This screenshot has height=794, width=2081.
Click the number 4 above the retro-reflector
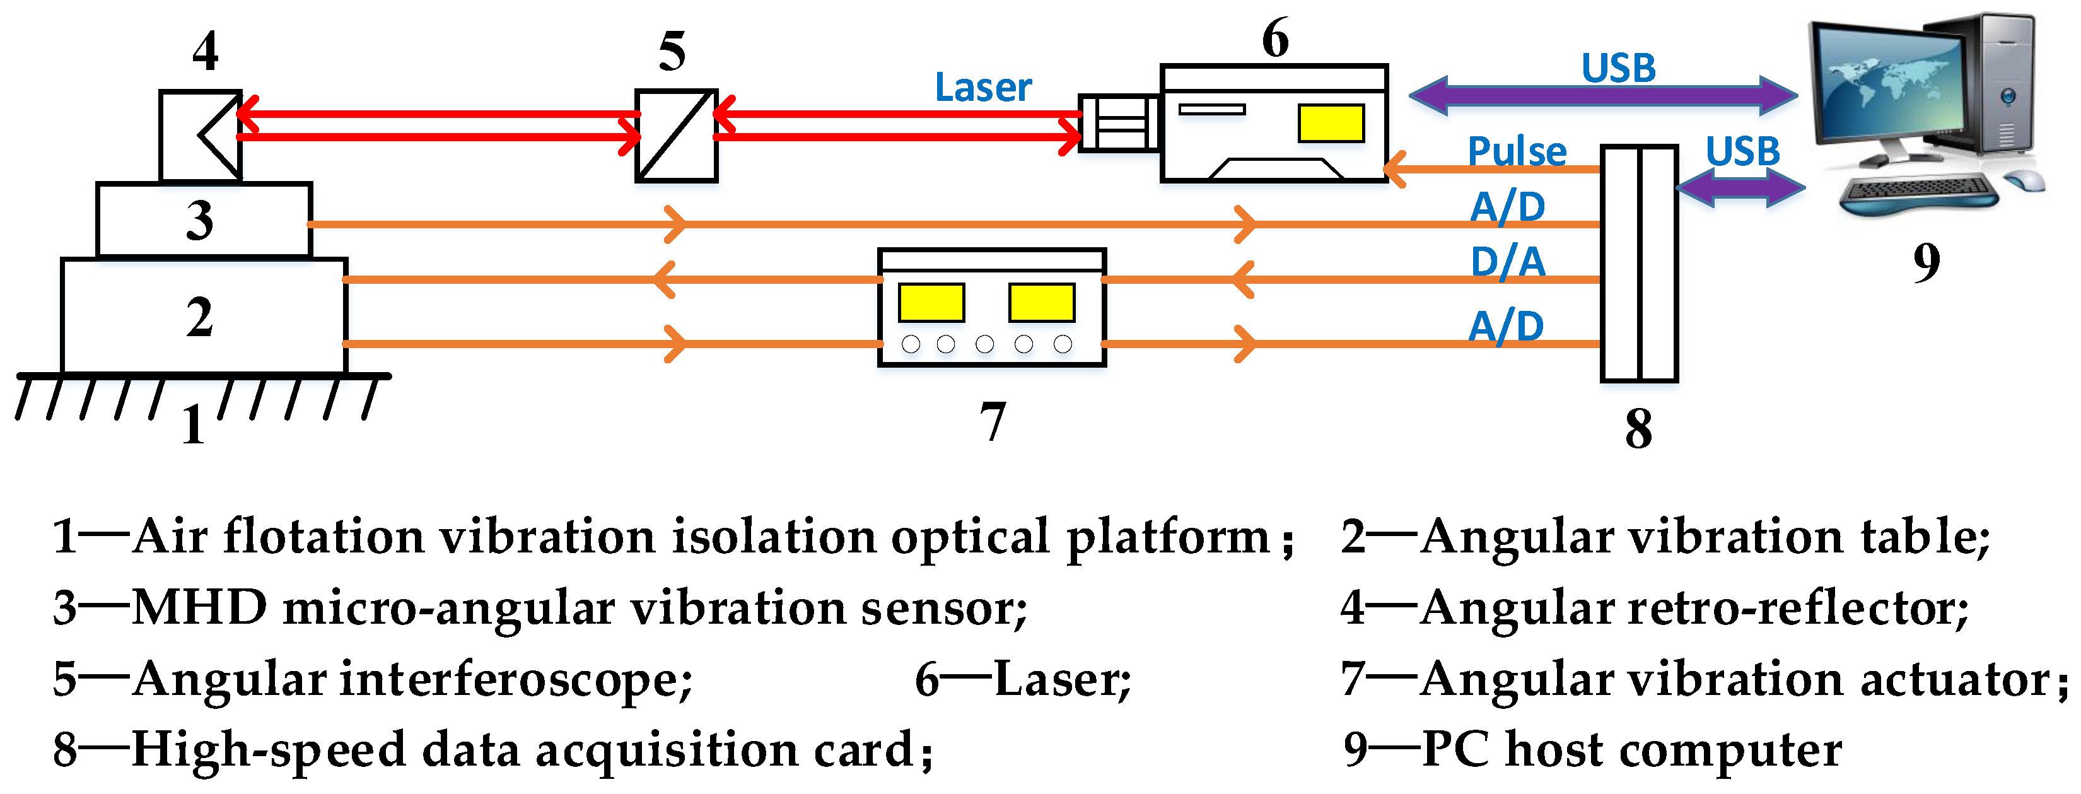[x=205, y=52]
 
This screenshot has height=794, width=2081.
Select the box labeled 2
[x=204, y=317]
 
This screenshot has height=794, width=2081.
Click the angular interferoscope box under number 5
[x=675, y=136]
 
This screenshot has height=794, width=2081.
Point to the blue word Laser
[x=982, y=87]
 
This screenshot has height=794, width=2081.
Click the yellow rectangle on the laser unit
[x=1331, y=124]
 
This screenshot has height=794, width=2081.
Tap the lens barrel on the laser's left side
[x=1118, y=123]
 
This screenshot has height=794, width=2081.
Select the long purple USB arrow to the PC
[x=1603, y=95]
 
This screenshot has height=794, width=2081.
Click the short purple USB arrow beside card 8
[x=1741, y=188]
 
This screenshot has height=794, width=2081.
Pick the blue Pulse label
[x=1517, y=152]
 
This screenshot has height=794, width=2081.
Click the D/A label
[x=1507, y=262]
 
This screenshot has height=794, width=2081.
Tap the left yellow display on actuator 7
[x=931, y=302]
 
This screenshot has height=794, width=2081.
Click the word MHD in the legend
[x=199, y=607]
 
